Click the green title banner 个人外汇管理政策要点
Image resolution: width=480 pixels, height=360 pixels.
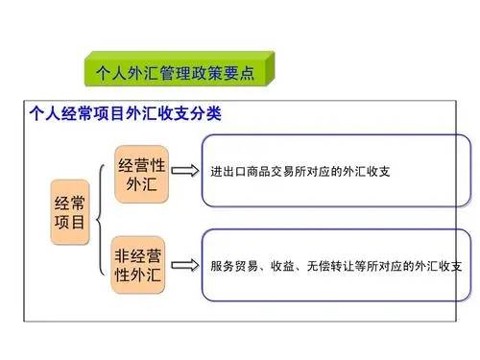point(177,72)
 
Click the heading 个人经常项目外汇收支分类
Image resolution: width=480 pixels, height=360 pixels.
point(124,114)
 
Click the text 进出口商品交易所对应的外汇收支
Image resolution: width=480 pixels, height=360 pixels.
point(293,174)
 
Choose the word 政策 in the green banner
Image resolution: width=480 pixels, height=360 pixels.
point(196,72)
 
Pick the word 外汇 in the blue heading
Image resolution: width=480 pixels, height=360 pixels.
point(132,114)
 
